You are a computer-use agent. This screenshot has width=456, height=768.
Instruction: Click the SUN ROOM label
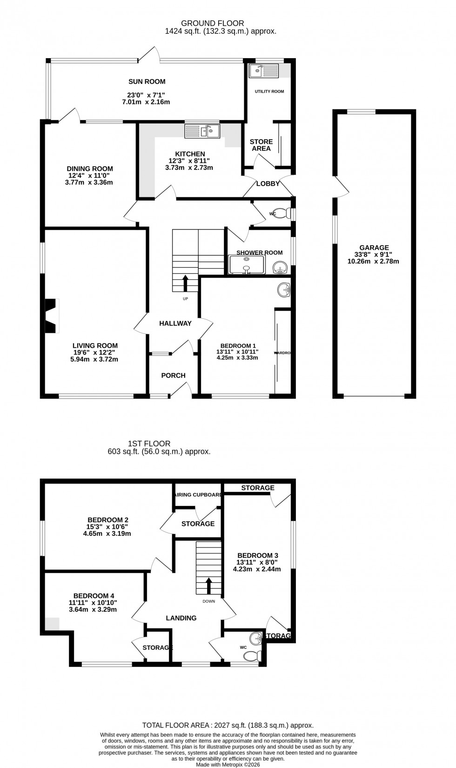[x=147, y=81]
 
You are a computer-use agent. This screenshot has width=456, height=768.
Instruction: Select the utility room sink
[x=263, y=71]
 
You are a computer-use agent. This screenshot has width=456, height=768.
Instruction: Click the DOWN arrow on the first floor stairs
[x=208, y=586]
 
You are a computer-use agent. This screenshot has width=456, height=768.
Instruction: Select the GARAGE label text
[x=374, y=248]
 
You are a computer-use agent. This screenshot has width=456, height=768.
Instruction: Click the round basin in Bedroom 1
[x=283, y=290]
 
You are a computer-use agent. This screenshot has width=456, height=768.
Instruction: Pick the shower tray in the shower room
[x=247, y=265]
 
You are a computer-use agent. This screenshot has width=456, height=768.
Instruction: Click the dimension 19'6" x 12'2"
[x=95, y=352]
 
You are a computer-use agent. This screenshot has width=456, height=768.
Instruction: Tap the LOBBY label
[x=268, y=184]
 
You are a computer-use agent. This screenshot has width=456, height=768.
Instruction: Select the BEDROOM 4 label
[x=94, y=596]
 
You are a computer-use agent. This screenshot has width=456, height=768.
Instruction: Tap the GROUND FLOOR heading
[x=212, y=23]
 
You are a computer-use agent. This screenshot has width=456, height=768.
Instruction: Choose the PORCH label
[x=173, y=376]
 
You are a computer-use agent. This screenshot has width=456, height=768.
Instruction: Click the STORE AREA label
[x=261, y=145]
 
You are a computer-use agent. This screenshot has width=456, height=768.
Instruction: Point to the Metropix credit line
[x=228, y=764]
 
